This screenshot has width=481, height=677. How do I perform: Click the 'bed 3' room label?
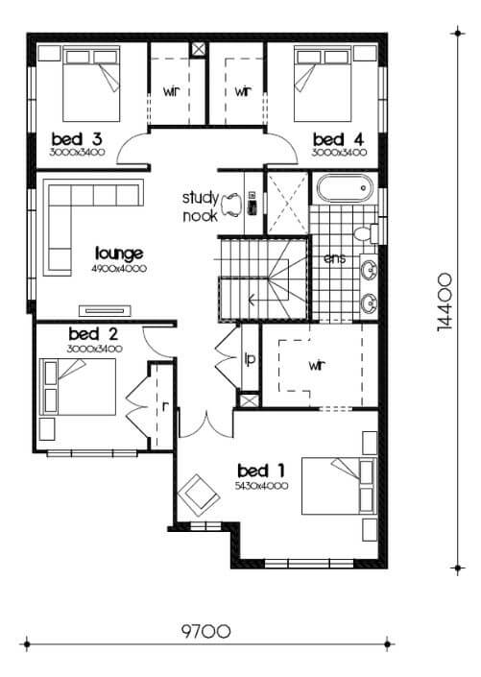pos(77,139)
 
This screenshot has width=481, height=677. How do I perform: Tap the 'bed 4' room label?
pos(339,139)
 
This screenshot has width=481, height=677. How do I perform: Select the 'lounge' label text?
pos(119,254)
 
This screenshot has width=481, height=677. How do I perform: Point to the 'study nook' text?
pos(201,206)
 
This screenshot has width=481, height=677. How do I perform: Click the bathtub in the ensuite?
pos(345,188)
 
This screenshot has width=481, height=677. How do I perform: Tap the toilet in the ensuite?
pos(366,233)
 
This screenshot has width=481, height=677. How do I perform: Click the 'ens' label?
pos(335,258)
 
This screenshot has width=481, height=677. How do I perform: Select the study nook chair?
pos(231,204)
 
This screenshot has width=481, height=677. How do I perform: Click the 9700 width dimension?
pos(205,632)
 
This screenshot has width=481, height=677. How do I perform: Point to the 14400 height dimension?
pos(445,302)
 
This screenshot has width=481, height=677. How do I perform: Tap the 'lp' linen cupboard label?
pos(250,358)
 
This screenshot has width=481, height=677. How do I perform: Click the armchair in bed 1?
pos(199,496)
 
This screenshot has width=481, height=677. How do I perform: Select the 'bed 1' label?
pos(261,471)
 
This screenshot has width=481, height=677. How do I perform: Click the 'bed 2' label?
pos(93,334)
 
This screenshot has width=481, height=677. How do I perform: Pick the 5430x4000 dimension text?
pos(262,486)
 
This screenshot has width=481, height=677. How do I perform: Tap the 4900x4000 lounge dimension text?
pos(119,269)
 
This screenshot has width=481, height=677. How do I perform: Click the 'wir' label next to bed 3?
pos(171,91)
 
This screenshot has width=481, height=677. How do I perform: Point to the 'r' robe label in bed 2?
pos(165,406)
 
